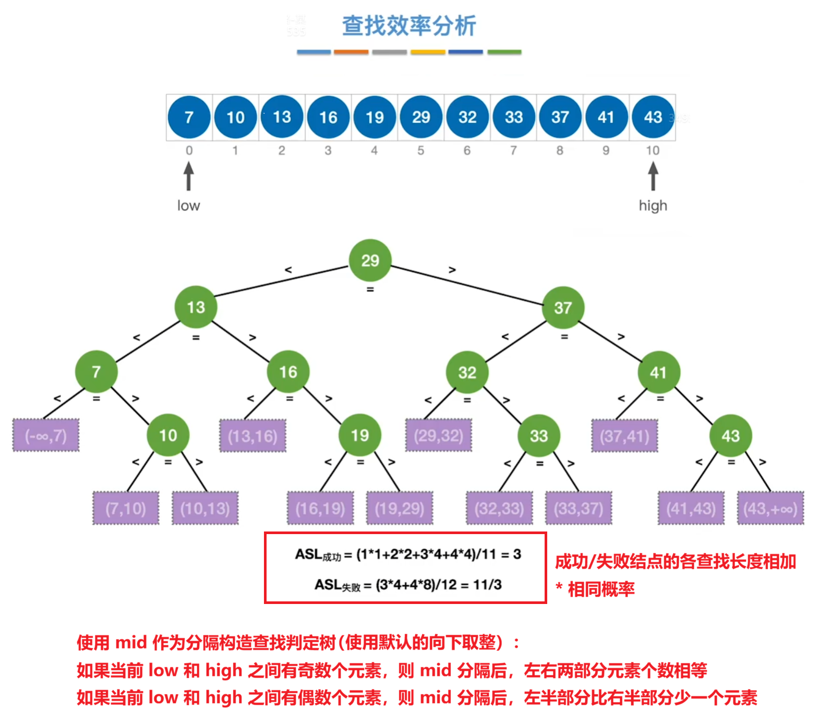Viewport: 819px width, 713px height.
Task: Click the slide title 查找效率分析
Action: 408,26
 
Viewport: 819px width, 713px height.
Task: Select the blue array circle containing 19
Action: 375,117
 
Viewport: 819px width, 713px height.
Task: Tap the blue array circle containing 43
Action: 653,117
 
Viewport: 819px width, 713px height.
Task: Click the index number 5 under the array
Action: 420,151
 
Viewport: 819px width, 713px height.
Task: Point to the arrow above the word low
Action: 189,176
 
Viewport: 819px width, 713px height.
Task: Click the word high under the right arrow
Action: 653,206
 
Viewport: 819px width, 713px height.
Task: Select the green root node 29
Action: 370,260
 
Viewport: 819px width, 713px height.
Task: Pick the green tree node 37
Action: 562,308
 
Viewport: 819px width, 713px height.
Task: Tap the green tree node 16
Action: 288,372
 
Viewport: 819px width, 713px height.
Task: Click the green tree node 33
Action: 538,436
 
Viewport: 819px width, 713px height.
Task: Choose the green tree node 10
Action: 167,436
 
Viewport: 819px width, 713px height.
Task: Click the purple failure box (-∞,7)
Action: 46,436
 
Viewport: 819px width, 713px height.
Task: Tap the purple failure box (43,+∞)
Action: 770,508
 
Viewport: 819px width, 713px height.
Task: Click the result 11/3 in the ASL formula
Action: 487,585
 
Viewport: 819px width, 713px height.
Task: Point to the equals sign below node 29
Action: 370,289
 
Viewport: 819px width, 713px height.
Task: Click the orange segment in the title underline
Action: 351,52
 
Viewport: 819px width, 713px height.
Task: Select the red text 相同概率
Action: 601,589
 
